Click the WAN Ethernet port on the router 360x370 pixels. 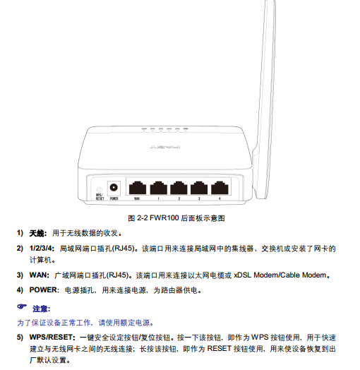[138, 188]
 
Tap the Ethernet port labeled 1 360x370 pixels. [159, 188]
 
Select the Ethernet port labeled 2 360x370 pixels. [179, 188]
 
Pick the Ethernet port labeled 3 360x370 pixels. [199, 188]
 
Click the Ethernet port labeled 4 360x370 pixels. [220, 188]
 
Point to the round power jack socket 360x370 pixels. [114, 188]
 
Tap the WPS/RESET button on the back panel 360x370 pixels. [100, 190]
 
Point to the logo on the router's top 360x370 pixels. [165, 147]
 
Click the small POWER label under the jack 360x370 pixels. [114, 198]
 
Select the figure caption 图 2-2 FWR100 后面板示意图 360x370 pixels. [176, 218]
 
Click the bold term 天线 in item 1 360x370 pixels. [37, 234]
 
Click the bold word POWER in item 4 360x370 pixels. [44, 290]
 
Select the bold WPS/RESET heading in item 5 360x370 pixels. [52, 338]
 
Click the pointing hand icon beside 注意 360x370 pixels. [22, 306]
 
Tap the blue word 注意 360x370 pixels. [40, 309]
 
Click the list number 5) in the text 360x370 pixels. [20, 338]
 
